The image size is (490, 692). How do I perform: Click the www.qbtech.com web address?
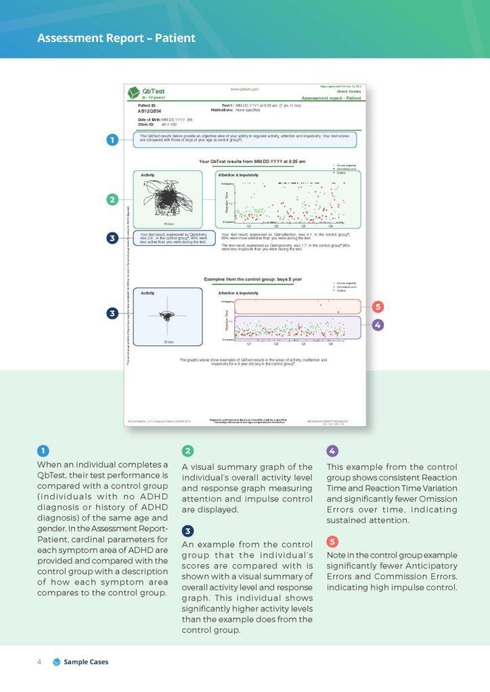tap(244, 89)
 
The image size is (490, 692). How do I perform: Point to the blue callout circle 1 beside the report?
tap(112, 140)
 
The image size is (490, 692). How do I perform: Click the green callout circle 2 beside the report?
tap(112, 199)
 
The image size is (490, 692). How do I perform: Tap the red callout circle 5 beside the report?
tap(378, 307)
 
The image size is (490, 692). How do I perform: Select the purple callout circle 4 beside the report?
tap(378, 325)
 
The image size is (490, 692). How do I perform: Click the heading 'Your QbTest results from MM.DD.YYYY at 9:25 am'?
tap(252, 162)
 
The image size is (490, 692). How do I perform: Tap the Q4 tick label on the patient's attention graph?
tap(331, 226)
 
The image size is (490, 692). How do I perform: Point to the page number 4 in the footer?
tap(39, 662)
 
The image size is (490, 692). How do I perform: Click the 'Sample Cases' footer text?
tap(86, 662)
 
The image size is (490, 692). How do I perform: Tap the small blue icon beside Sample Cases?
tap(56, 662)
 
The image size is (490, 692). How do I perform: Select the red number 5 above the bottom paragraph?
tap(332, 541)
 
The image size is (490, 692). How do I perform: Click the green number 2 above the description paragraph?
tap(188, 451)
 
